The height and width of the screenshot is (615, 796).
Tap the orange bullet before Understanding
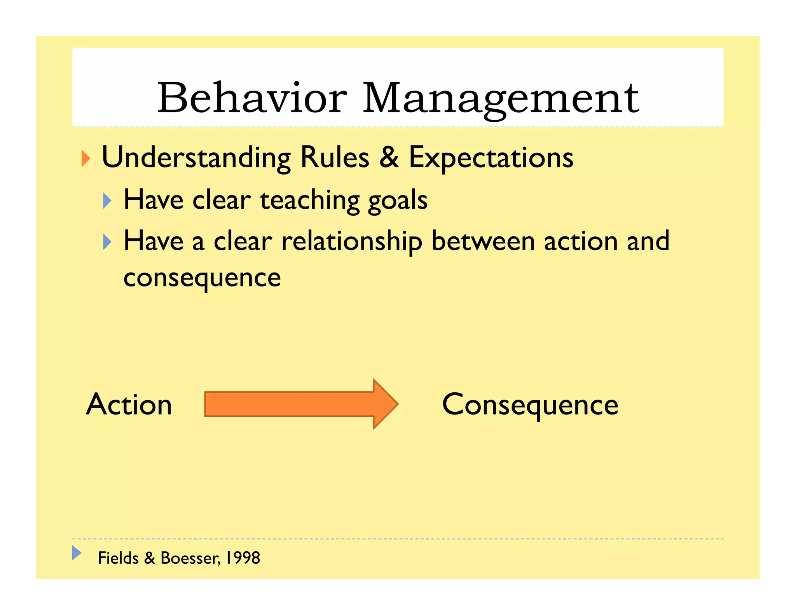[x=86, y=159]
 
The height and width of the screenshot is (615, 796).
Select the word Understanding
[x=196, y=158]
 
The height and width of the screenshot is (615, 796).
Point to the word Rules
[x=335, y=157]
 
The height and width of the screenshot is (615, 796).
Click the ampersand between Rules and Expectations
[x=389, y=157]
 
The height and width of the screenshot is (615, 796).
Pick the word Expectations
[x=491, y=158]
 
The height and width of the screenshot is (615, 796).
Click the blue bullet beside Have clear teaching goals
[x=107, y=201]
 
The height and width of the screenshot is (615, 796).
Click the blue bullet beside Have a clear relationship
[x=107, y=242]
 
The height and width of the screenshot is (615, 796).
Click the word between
[x=483, y=241]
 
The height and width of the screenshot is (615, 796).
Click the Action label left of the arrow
[x=129, y=404]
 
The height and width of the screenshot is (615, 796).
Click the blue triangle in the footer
[x=77, y=552]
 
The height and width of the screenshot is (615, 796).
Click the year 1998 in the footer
[x=243, y=558]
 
